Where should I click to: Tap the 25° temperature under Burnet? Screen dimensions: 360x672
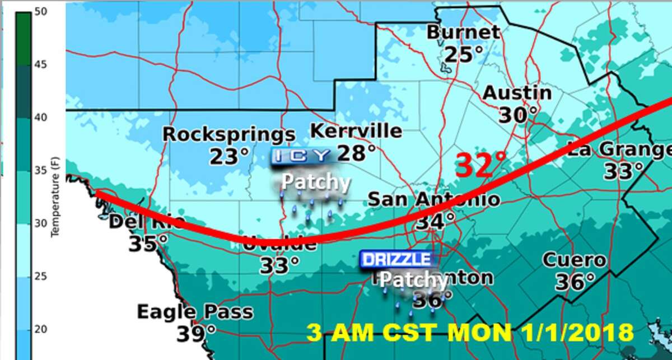(463, 54)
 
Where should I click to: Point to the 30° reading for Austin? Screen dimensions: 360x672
(517, 115)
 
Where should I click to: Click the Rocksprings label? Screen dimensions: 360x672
(228, 135)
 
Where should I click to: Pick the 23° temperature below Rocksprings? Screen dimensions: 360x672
(229, 157)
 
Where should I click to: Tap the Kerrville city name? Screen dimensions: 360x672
(356, 131)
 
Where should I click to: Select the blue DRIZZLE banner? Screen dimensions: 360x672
(397, 259)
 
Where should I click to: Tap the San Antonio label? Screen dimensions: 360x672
(433, 199)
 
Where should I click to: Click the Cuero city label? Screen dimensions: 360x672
(574, 260)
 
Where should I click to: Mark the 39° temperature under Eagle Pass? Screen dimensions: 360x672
(196, 334)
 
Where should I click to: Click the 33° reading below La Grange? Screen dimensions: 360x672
(623, 171)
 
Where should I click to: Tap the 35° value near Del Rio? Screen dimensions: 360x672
(148, 244)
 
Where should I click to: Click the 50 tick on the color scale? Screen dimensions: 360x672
(39, 11)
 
